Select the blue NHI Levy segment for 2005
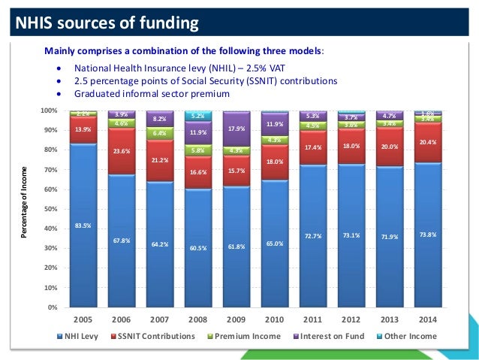click(x=83, y=225)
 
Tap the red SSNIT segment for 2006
click(x=121, y=151)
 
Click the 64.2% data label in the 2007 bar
click(x=159, y=244)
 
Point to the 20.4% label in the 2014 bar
click(x=427, y=142)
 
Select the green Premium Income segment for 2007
click(x=159, y=133)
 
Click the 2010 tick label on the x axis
click(x=274, y=319)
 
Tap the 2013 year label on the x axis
click(x=389, y=319)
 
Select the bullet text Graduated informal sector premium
click(x=150, y=94)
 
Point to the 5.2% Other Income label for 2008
click(x=197, y=116)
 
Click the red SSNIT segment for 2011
click(x=312, y=147)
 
